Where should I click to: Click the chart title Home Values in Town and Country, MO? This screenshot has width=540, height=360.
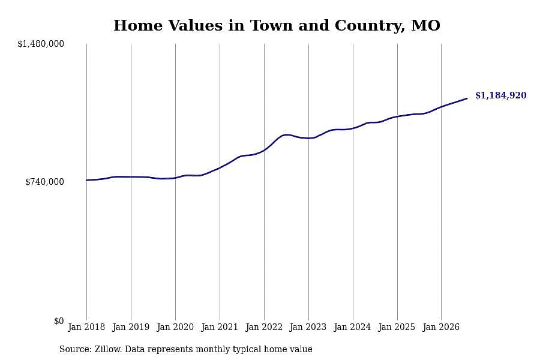tap(277, 25)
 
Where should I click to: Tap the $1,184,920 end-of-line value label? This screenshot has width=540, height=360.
tap(501, 95)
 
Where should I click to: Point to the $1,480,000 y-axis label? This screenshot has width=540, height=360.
tap(41, 44)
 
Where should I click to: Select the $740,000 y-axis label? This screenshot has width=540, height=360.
tap(44, 182)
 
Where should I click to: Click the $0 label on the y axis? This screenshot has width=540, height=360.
tap(59, 321)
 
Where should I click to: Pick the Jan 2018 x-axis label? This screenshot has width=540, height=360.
tap(86, 326)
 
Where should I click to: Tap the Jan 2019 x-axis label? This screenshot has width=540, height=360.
tap(131, 326)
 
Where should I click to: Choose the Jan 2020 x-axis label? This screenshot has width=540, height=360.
tap(175, 326)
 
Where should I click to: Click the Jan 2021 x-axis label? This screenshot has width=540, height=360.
tap(220, 326)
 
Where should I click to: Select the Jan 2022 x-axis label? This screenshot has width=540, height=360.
tap(264, 326)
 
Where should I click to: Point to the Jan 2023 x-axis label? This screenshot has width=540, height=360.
tap(308, 326)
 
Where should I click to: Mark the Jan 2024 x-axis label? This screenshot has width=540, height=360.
tap(352, 326)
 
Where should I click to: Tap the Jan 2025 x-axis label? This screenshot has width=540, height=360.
tap(397, 326)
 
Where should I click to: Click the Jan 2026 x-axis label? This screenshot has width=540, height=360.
tap(441, 326)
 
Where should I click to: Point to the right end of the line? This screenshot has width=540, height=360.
tap(467, 98)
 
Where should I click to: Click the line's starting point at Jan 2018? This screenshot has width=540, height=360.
tap(86, 180)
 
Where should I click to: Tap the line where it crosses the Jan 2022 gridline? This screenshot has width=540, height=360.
tap(264, 150)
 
